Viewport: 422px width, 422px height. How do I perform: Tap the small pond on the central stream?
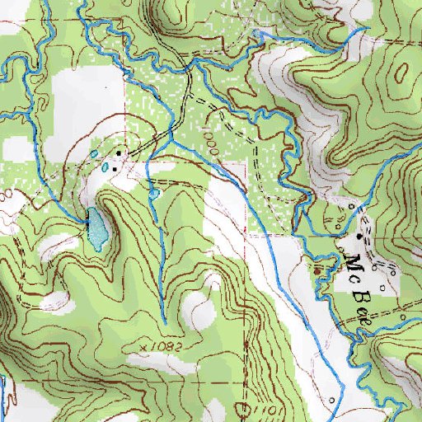pyautogui.click(x=154, y=194)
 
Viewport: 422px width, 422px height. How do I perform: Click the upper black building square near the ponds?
pyautogui.click(x=118, y=153)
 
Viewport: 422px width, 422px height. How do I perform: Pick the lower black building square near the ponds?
pyautogui.click(x=115, y=169)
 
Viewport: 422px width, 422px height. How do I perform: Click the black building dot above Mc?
pyautogui.click(x=359, y=237)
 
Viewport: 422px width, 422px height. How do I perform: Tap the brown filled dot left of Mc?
pyautogui.click(x=318, y=268)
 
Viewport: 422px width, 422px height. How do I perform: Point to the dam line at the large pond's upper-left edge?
pyautogui.click(x=87, y=218)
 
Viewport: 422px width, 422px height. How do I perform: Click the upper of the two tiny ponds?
pyautogui.click(x=94, y=154)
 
